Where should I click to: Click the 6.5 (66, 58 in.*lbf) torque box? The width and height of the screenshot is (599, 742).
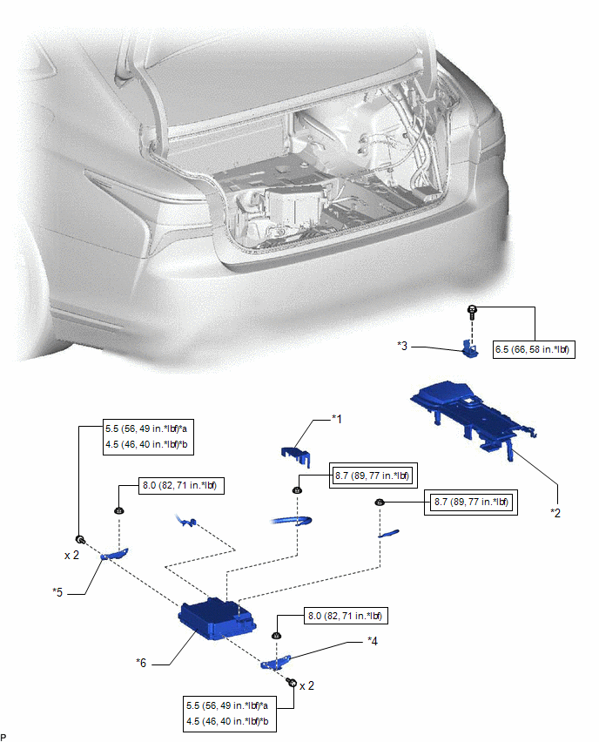pyautogui.click(x=534, y=350)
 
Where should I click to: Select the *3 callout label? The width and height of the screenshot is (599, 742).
pyautogui.click(x=402, y=346)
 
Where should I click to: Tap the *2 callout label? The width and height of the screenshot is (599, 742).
pyautogui.click(x=555, y=512)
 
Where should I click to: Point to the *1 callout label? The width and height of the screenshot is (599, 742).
pyautogui.click(x=336, y=419)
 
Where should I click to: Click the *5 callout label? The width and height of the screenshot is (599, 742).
pyautogui.click(x=57, y=592)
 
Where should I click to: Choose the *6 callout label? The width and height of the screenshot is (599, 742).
pyautogui.click(x=141, y=663)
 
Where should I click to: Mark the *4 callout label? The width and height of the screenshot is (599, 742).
pyautogui.click(x=373, y=641)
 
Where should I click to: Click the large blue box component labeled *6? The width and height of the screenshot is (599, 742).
pyautogui.click(x=217, y=618)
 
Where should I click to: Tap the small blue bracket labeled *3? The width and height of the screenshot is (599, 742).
pyautogui.click(x=470, y=348)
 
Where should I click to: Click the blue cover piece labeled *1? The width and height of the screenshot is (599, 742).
pyautogui.click(x=296, y=455)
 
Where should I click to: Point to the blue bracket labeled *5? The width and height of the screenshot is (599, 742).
pyautogui.click(x=114, y=554)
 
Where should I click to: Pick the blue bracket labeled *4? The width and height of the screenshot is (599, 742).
pyautogui.click(x=275, y=663)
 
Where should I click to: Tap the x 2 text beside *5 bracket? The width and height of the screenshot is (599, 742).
pyautogui.click(x=72, y=555)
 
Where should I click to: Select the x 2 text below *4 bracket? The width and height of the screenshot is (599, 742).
pyautogui.click(x=306, y=685)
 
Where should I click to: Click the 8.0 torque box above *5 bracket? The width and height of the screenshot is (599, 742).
pyautogui.click(x=181, y=485)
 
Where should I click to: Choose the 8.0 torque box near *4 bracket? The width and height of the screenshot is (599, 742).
pyautogui.click(x=346, y=616)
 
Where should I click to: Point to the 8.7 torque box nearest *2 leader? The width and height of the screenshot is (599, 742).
pyautogui.click(x=471, y=503)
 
